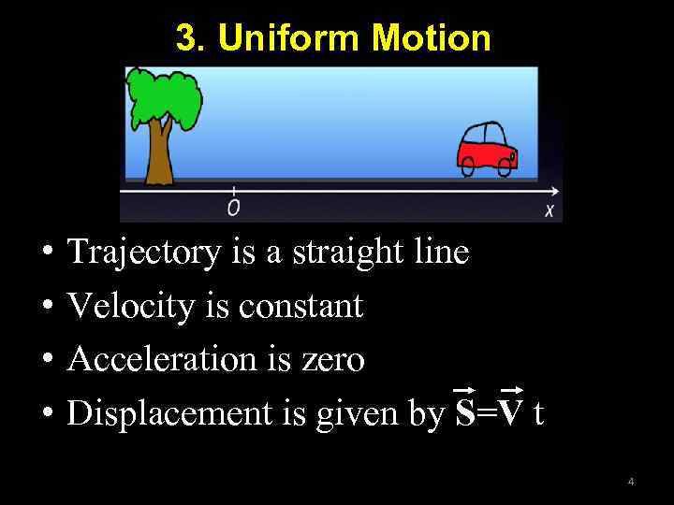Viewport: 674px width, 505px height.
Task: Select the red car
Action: pos(487,148)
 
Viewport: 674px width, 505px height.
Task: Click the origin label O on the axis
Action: pos(233,208)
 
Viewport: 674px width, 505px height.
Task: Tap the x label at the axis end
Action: pos(550,209)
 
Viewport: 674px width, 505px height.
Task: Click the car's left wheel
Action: pos(468,166)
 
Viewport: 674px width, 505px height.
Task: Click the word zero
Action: pos(333,359)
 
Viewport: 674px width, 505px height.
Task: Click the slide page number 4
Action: pos(631,482)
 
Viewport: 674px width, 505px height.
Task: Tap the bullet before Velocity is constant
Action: pos(46,307)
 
